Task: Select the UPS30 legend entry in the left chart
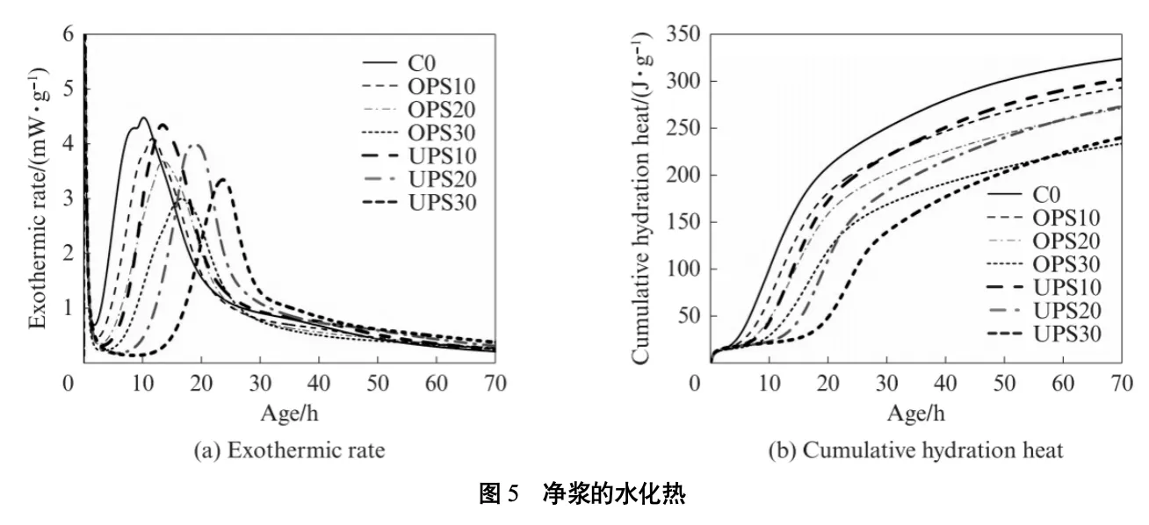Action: point(444,205)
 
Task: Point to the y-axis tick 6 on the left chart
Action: point(68,34)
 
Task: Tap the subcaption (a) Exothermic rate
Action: point(289,451)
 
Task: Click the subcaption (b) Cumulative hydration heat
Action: point(916,451)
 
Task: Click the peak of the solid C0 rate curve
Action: point(143,118)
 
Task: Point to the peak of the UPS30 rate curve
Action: point(222,179)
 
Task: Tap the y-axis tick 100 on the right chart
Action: point(684,269)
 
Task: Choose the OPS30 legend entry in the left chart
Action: point(444,133)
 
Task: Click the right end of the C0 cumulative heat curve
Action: point(1121,59)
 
